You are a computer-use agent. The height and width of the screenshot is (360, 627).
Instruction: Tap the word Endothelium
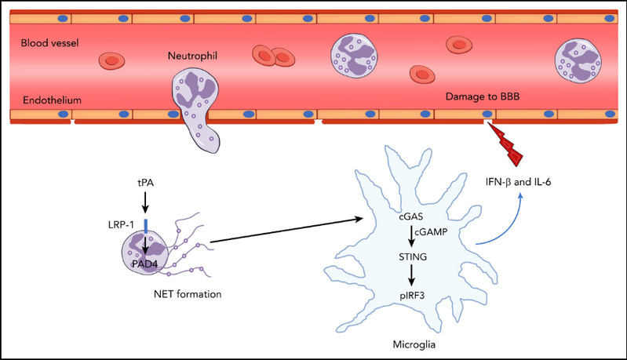[46, 100]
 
